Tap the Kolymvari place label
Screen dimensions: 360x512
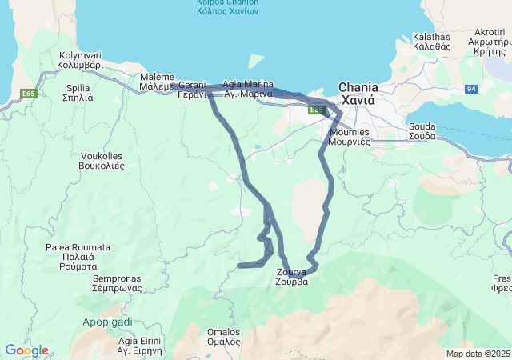pyautogui.click(x=81, y=61)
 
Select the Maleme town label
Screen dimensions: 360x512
pyautogui.click(x=156, y=81)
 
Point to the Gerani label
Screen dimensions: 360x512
pyautogui.click(x=192, y=89)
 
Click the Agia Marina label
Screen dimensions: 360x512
pyautogui.click(x=248, y=89)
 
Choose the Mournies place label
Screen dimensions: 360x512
pyautogui.click(x=349, y=135)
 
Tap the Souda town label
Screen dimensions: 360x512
pyautogui.click(x=422, y=131)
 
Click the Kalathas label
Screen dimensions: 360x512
pyautogui.click(x=432, y=42)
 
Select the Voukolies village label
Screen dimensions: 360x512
pyautogui.click(x=102, y=161)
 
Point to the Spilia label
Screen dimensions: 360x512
pyautogui.click(x=78, y=92)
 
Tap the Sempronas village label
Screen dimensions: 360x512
pyautogui.click(x=117, y=283)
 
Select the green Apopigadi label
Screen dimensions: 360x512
pyautogui.click(x=107, y=322)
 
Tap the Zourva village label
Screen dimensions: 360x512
pyautogui.click(x=291, y=277)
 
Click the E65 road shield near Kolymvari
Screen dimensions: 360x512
pyautogui.click(x=29, y=94)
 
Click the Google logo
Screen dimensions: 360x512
pyautogui.click(x=26, y=350)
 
